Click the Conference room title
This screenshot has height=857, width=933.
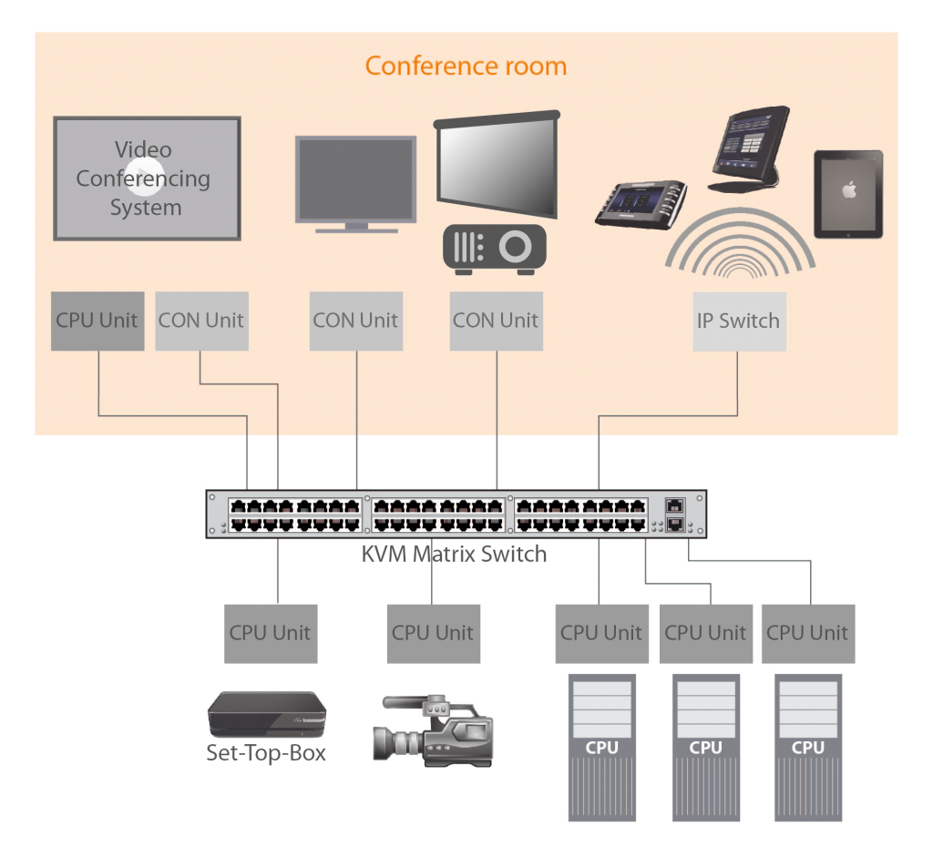[466, 66]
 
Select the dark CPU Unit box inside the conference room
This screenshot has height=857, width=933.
[97, 321]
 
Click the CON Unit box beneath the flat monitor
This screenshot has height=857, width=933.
[355, 321]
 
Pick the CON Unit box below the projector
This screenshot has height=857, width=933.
[496, 321]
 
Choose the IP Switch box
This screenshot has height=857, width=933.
[738, 321]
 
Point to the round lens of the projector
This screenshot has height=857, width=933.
[517, 247]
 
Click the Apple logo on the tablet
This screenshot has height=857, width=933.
[848, 190]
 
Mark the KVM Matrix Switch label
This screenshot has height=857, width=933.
[455, 554]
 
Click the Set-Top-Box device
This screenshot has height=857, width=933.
[266, 714]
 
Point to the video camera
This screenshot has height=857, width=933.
[434, 728]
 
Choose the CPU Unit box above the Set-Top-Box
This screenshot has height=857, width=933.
[270, 633]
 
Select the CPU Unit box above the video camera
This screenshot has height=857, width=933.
[432, 633]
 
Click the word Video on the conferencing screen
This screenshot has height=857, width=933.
[143, 149]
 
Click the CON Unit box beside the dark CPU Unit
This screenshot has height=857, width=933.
[201, 321]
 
